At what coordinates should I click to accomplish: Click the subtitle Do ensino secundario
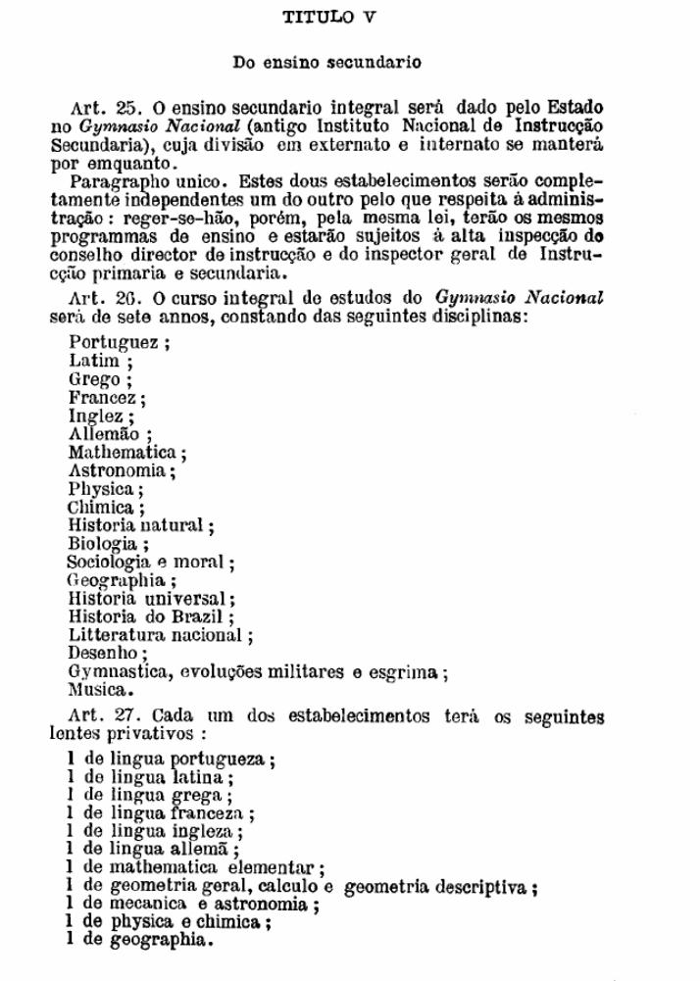326,63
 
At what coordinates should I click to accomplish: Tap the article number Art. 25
102,107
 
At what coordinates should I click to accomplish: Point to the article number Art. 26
102,298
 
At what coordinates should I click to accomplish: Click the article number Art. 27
102,715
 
